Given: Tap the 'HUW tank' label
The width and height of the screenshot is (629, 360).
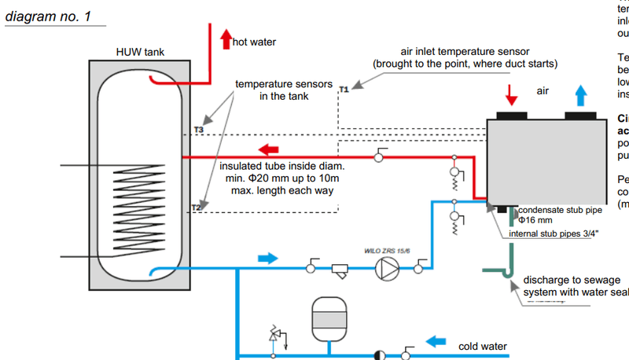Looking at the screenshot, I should pyautogui.click(x=139, y=53).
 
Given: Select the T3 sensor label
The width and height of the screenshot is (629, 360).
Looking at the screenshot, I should pyautogui.click(x=198, y=129).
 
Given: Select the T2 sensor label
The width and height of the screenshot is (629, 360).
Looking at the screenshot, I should pyautogui.click(x=197, y=208).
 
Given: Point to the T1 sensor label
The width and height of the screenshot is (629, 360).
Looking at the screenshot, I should pyautogui.click(x=343, y=91).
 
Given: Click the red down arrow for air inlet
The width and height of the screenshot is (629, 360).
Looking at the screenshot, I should pyautogui.click(x=511, y=95).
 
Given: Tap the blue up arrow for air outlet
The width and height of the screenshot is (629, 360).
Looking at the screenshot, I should pyautogui.click(x=580, y=95).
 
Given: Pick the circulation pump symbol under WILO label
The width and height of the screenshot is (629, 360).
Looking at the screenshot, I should pyautogui.click(x=385, y=269).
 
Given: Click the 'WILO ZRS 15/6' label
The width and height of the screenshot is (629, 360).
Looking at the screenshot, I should pyautogui.click(x=384, y=249).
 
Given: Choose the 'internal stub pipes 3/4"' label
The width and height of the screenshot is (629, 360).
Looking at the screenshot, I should pyautogui.click(x=557, y=233).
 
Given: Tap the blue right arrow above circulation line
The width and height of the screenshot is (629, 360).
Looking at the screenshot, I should pyautogui.click(x=268, y=257).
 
